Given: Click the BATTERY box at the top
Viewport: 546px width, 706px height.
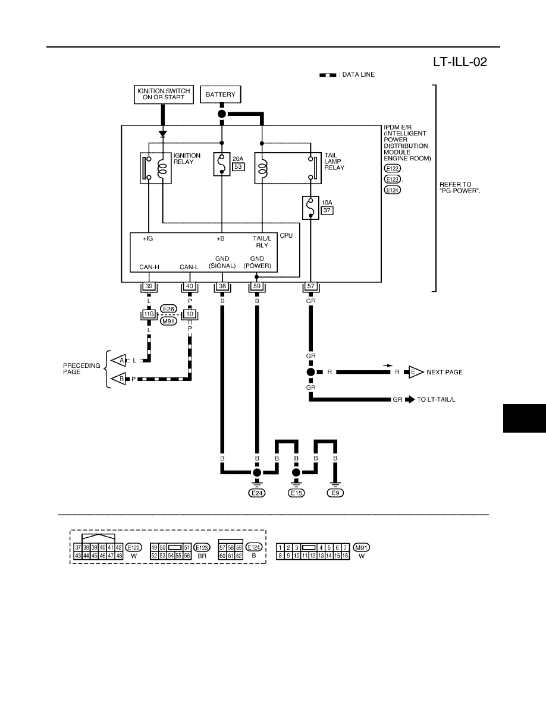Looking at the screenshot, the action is tap(220, 94).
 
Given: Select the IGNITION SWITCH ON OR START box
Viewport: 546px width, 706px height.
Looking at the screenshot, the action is tap(164, 94).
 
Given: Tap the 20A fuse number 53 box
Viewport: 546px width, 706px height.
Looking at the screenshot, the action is tap(239, 166).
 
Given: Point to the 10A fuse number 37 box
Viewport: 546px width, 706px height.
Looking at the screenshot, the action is tap(327, 210).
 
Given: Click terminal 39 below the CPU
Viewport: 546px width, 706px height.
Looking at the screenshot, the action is tap(149, 286).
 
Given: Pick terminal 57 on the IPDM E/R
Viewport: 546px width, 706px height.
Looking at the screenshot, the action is tap(311, 286).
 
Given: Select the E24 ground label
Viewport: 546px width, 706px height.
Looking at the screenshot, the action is tap(257, 493).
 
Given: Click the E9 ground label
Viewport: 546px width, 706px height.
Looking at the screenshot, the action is tap(335, 493).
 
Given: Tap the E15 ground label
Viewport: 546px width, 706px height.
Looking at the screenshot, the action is tap(296, 493).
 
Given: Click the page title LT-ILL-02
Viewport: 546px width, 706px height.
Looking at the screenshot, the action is tap(460, 62).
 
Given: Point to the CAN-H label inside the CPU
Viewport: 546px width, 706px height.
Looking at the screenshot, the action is tap(149, 267).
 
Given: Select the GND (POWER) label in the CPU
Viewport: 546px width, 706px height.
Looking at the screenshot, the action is tap(257, 262).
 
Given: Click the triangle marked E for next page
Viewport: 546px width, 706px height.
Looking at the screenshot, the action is tap(416, 373).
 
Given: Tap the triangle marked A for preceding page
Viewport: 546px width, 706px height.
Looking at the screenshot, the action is tap(120, 361).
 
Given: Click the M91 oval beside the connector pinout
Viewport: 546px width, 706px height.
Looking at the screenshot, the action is tap(361, 547).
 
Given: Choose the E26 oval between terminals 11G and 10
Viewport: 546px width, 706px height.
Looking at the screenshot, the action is tap(168, 309).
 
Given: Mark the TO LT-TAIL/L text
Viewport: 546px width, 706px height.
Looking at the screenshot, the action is tap(436, 399).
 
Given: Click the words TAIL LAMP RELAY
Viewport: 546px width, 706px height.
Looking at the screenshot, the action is tap(334, 161).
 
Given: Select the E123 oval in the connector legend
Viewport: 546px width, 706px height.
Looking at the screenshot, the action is tap(202, 547).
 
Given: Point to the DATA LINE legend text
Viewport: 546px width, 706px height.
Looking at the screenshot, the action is tap(358, 75).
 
